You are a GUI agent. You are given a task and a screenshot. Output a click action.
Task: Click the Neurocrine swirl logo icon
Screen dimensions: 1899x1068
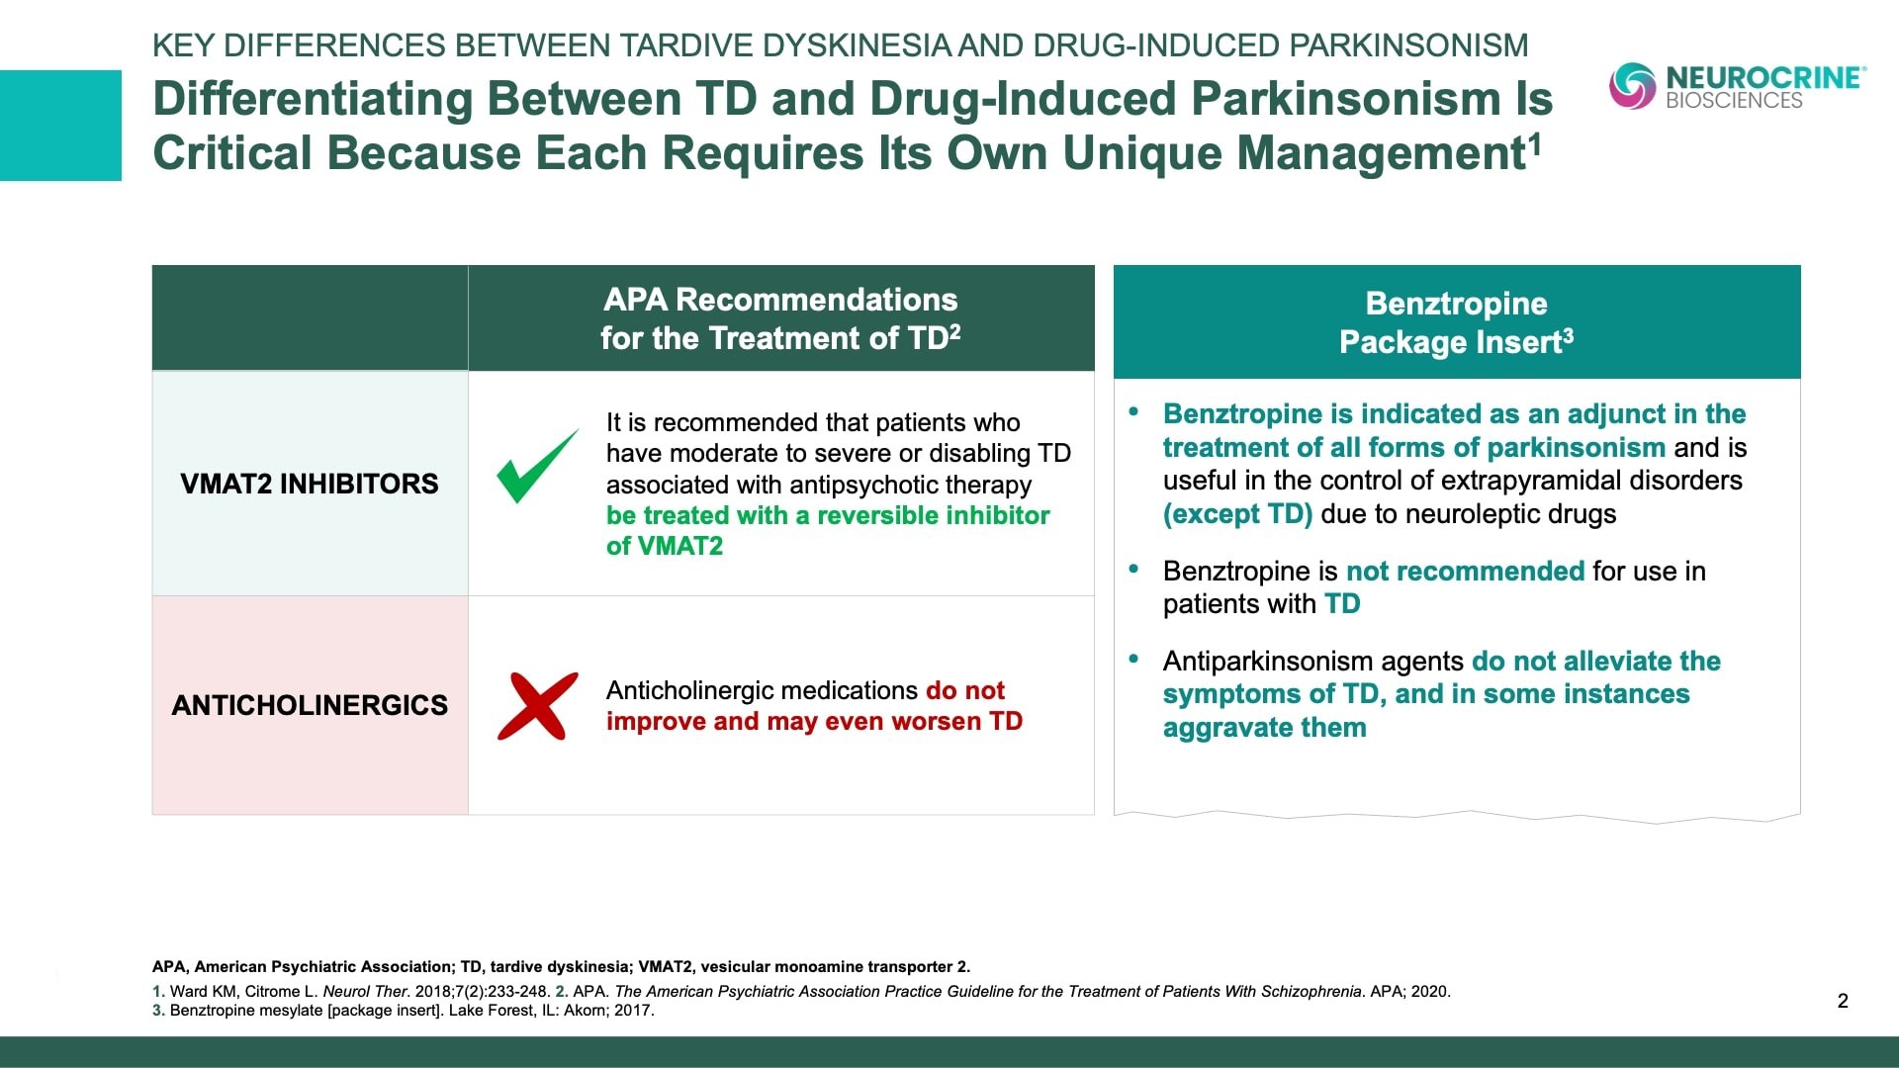pos(1632,86)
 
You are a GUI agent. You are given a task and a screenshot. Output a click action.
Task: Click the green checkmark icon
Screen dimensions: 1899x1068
pos(537,467)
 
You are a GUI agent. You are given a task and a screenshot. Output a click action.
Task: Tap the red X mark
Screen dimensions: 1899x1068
pos(537,706)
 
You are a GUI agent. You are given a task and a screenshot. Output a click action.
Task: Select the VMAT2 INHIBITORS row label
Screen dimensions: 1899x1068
pos(310,484)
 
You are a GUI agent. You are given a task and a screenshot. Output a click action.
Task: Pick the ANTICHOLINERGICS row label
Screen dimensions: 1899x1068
pos(310,705)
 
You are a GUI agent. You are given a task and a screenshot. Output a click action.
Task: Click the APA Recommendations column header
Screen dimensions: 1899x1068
pos(781,318)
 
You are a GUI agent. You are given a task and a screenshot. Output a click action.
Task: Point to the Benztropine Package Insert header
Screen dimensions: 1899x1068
pos(1457,322)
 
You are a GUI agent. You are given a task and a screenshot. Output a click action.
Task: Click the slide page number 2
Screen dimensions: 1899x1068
pos(1843,1001)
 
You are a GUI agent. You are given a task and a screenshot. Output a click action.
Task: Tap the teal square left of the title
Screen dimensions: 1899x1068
pos(60,126)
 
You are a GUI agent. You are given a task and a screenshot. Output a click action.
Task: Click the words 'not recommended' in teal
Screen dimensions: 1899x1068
pos(1466,572)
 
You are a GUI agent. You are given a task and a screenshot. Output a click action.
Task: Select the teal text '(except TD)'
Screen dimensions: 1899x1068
pos(1237,514)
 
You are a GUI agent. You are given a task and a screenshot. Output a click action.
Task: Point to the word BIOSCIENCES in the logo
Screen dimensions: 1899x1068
pos(1734,101)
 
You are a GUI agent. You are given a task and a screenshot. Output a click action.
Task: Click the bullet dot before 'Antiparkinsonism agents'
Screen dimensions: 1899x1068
pos(1134,658)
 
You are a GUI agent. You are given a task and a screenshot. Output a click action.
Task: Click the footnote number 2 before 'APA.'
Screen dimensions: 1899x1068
pos(562,991)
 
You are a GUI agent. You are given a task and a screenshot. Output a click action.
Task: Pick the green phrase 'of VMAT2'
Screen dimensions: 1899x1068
pos(665,547)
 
